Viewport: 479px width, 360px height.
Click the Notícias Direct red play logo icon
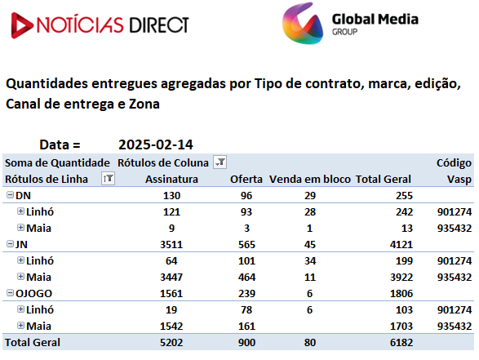coord(21,25)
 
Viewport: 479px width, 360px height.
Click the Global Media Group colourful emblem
coord(303,24)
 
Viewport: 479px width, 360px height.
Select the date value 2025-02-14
coord(156,144)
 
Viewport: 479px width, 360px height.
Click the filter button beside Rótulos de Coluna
coord(220,162)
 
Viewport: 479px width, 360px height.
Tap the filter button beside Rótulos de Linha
coord(108,179)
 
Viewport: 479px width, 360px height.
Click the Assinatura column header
coord(171,179)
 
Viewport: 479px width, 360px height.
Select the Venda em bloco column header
coord(310,179)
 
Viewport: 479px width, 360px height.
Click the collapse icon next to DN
coord(10,194)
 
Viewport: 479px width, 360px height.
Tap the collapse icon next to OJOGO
coord(10,293)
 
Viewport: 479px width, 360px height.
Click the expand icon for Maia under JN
coord(20,277)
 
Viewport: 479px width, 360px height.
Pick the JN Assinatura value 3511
coord(171,244)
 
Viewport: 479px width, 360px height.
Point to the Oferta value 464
coord(246,278)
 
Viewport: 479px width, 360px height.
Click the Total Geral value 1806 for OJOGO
coord(401,293)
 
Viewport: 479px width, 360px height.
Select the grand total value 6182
coord(401,343)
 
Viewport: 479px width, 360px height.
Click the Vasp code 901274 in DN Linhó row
coord(455,211)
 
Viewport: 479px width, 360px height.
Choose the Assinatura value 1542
coord(171,326)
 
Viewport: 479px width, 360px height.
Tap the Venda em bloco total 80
coord(310,343)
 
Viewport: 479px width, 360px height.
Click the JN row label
coord(21,244)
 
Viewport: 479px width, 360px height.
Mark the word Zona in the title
coord(144,104)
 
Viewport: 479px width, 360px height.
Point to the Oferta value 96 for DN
coord(246,196)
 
